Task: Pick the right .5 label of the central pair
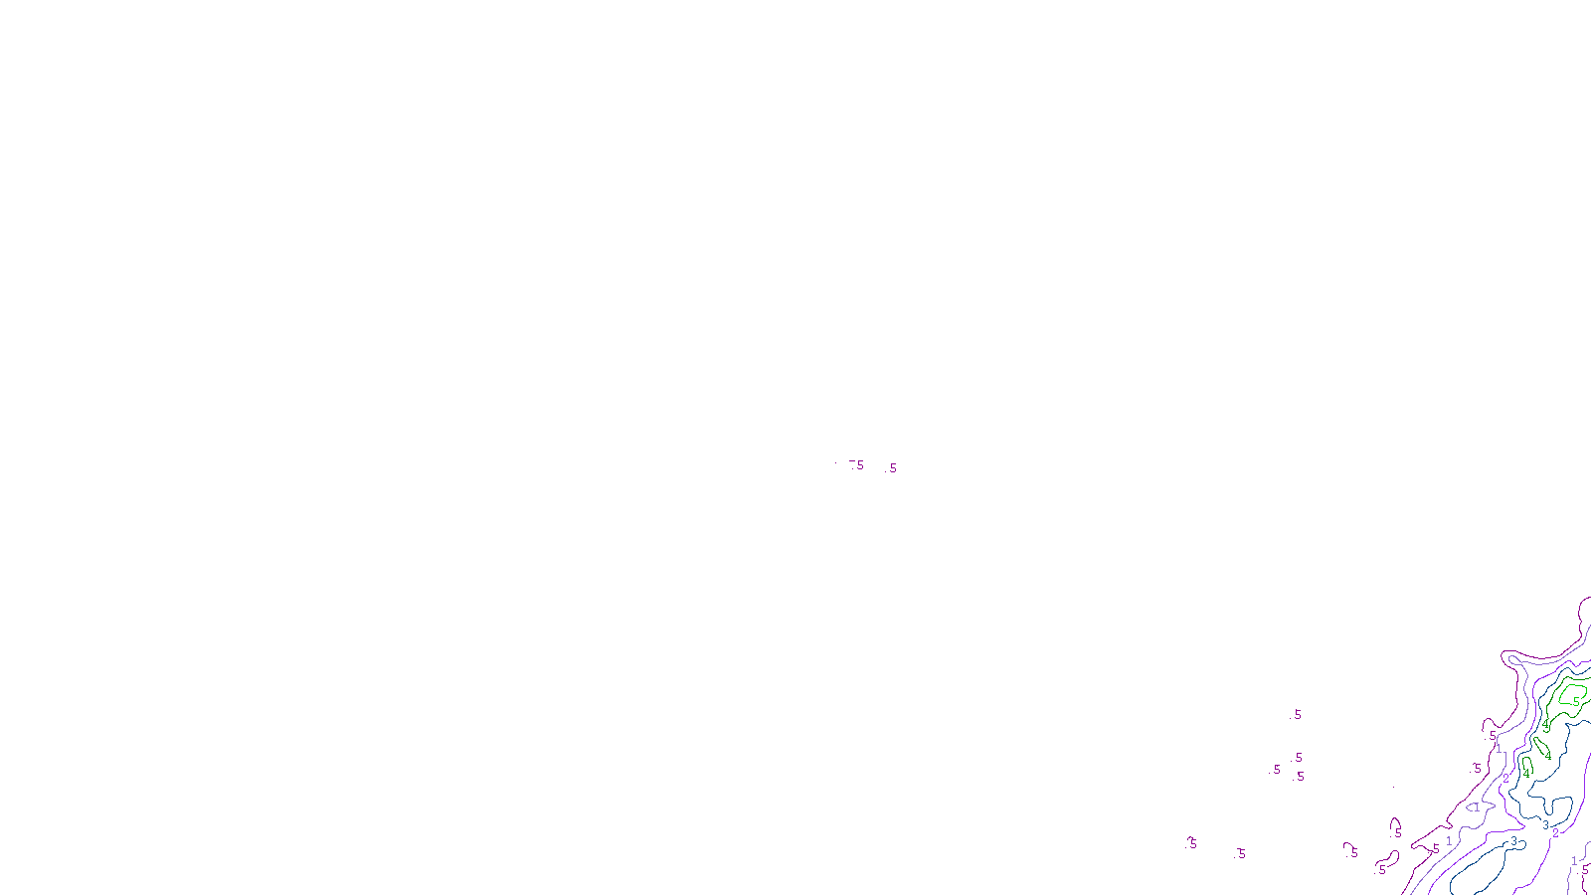[x=891, y=468]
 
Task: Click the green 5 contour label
[x=1576, y=701]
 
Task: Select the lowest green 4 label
[x=1526, y=773]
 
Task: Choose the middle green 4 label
[x=1548, y=756]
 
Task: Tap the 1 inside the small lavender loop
[x=1477, y=807]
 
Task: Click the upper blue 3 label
[x=1545, y=824]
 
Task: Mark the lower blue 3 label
[x=1514, y=841]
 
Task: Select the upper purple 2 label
[x=1505, y=778]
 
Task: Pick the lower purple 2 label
[x=1555, y=833]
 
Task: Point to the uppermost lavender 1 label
[x=1499, y=749]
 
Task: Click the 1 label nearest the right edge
[x=1574, y=860]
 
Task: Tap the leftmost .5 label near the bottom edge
[x=1192, y=843]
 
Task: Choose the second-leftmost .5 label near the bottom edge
[x=1241, y=853]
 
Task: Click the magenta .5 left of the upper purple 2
[x=1478, y=769]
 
